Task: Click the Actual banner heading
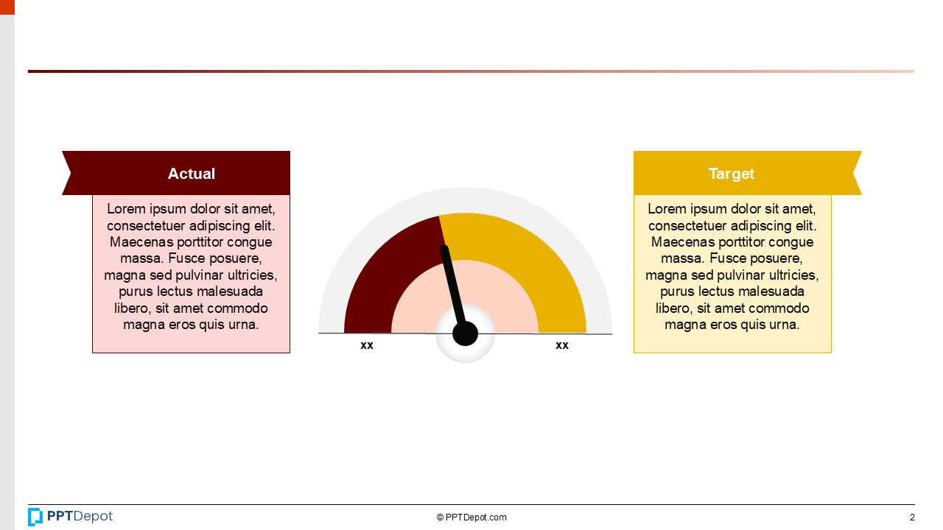(x=191, y=174)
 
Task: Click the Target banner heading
(x=732, y=174)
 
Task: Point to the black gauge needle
(x=452, y=283)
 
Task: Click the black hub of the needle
(x=465, y=333)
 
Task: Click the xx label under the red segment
(x=367, y=345)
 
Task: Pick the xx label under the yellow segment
(x=562, y=345)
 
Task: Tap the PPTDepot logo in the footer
(x=71, y=517)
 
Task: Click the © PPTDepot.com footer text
(x=471, y=517)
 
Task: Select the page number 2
(x=912, y=517)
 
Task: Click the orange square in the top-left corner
(x=7, y=7)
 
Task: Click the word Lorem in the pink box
(x=126, y=209)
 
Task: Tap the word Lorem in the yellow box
(x=667, y=209)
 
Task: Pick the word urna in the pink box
(x=242, y=325)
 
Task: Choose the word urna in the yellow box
(x=783, y=325)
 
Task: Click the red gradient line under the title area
(x=471, y=71)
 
